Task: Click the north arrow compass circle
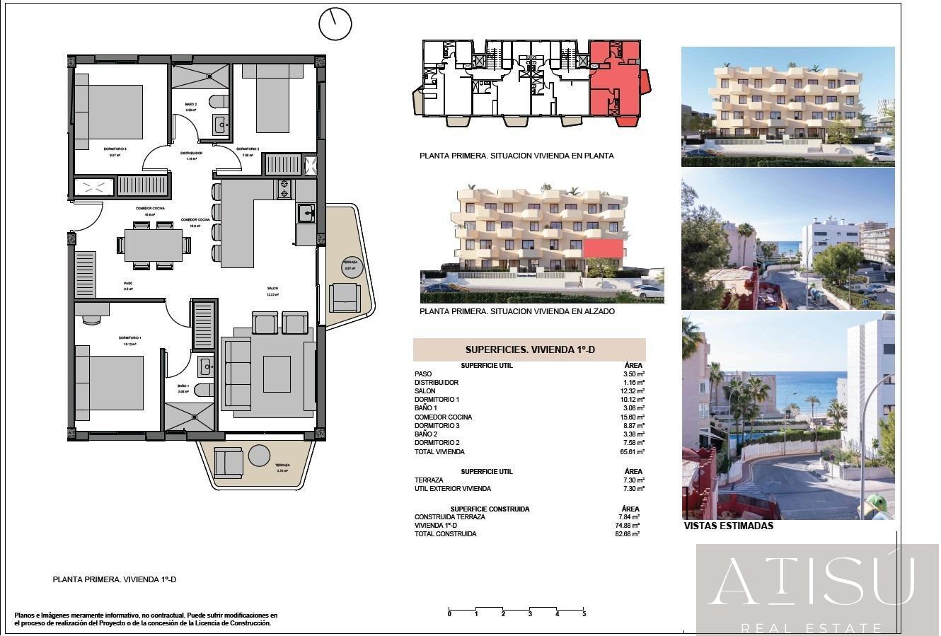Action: [335, 25]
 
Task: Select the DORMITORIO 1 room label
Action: [130, 338]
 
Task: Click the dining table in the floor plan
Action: [154, 245]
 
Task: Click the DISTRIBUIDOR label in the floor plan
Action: [191, 153]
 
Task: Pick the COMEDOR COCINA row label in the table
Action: [443, 417]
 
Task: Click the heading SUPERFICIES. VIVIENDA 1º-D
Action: [529, 349]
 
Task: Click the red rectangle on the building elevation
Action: [604, 248]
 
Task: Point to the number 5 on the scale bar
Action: [584, 614]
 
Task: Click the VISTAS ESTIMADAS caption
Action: [728, 526]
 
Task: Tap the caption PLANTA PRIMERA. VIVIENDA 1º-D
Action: [114, 579]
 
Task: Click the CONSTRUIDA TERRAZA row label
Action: [449, 517]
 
